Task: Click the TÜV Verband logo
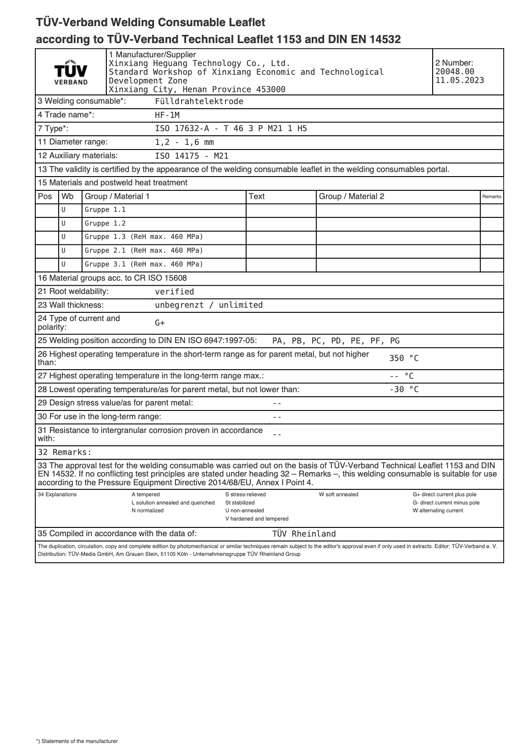coord(71,72)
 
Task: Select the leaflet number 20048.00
coord(455,72)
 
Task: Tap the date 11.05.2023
coord(459,80)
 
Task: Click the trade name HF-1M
coord(167,115)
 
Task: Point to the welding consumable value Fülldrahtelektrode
coord(199,101)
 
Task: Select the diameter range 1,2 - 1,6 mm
coord(184,142)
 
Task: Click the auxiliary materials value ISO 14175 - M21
coord(191,156)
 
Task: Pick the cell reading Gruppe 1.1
coord(105,210)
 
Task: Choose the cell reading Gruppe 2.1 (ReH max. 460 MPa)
coord(143,251)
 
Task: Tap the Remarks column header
coord(491,197)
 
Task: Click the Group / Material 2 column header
coord(351,197)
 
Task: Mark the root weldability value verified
coord(174,292)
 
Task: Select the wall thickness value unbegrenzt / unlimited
coord(209,305)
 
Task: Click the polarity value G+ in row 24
coord(159,323)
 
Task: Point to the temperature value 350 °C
coord(403,358)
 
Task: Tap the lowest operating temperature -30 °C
coord(403,390)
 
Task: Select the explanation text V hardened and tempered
coord(257,519)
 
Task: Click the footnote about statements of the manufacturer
coord(77,741)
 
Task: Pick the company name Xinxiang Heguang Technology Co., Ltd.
coord(199,63)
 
